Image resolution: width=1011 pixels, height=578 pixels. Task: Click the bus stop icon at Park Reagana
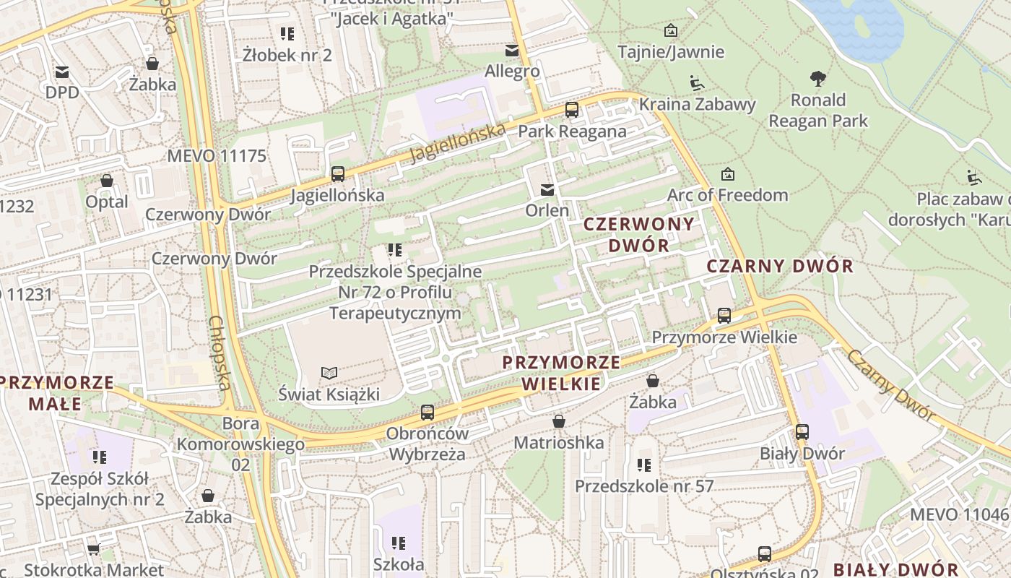(x=572, y=110)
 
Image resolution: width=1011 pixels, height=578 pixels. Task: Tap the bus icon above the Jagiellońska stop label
(x=337, y=173)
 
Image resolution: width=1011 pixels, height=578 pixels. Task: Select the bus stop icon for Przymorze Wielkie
(x=724, y=315)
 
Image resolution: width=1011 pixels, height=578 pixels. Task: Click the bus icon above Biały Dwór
(x=802, y=432)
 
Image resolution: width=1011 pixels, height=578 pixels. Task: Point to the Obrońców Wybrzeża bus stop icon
(x=428, y=413)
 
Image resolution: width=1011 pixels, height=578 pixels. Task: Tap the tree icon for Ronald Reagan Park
(x=817, y=78)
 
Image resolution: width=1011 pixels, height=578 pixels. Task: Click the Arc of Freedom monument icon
(x=727, y=174)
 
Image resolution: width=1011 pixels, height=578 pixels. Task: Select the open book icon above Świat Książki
(x=329, y=373)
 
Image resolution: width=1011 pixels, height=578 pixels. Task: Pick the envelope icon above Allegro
(x=512, y=50)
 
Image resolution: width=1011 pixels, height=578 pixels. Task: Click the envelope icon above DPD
(x=62, y=72)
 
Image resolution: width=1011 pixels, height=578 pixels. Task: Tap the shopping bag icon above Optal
(x=107, y=180)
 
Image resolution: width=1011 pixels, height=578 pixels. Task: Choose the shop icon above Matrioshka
(x=558, y=420)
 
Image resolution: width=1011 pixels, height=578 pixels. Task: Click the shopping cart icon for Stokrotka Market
(x=93, y=550)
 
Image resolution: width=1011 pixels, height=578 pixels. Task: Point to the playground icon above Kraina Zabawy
(x=696, y=83)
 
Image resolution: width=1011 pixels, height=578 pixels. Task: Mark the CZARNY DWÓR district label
(x=780, y=266)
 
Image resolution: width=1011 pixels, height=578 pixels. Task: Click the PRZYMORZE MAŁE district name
(x=57, y=392)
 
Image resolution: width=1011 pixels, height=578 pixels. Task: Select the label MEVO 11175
(x=217, y=155)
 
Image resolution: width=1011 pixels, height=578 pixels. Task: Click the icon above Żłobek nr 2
(x=287, y=33)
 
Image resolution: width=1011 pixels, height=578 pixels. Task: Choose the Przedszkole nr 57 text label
(x=644, y=486)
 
